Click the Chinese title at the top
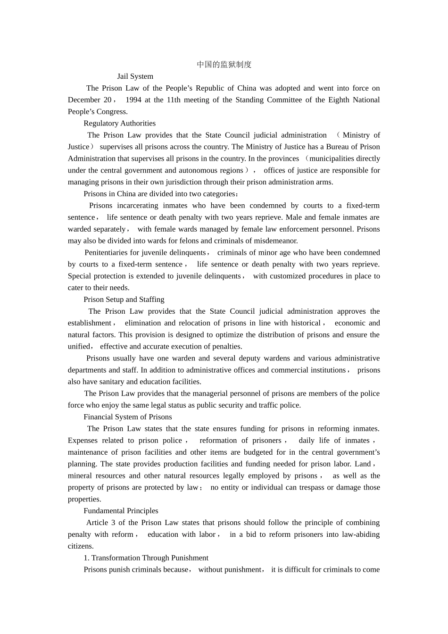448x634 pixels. click(224, 65)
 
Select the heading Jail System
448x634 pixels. click(135, 76)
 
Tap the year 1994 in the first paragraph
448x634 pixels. click(133, 100)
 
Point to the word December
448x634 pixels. click(83, 100)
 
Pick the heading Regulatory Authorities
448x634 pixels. click(119, 124)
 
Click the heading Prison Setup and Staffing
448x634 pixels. click(124, 300)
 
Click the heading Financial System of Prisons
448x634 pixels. click(127, 417)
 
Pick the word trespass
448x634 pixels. click(310, 487)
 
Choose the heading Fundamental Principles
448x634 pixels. click(121, 511)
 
